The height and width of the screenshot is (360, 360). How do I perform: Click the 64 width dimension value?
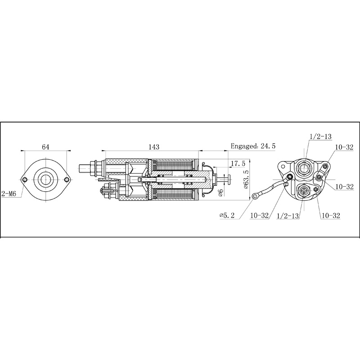(x=45, y=147)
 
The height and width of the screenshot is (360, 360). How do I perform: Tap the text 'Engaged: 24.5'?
(x=253, y=146)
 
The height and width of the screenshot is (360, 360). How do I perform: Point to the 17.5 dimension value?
(x=237, y=163)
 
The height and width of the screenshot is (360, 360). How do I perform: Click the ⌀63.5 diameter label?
(x=246, y=179)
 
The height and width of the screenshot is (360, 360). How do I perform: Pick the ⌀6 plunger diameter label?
(x=220, y=193)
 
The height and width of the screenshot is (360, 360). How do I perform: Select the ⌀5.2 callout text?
(x=228, y=216)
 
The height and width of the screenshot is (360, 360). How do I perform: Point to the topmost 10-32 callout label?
(x=344, y=147)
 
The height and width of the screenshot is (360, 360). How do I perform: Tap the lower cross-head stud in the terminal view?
(x=304, y=192)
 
